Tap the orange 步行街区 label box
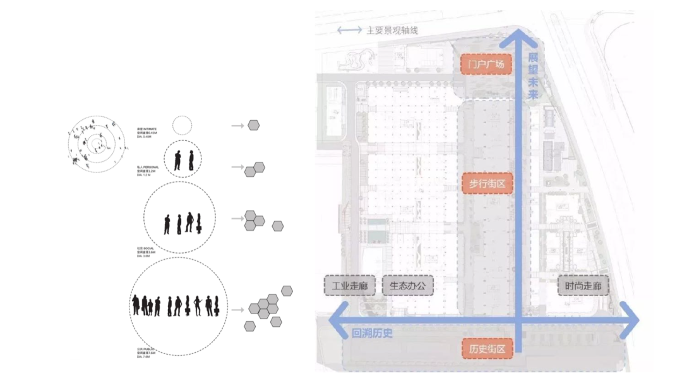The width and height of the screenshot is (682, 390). coord(486,183)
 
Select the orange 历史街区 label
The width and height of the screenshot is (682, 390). coord(487,349)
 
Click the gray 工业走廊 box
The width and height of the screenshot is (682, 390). coord(349,286)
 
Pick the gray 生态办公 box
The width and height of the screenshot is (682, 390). coord(408,286)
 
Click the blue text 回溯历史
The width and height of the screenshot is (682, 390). coord(372,333)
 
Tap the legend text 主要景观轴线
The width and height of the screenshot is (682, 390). coord(392,30)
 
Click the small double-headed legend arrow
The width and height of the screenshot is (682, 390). coord(349,30)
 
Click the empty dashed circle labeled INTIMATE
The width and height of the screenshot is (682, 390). coord(182,125)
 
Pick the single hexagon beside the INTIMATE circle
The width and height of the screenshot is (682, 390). coord(253,125)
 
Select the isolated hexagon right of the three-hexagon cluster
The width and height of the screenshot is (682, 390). coord(277,226)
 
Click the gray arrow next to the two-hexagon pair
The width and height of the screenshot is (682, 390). coord(238,168)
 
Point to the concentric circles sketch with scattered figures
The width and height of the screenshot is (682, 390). coord(95,144)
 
